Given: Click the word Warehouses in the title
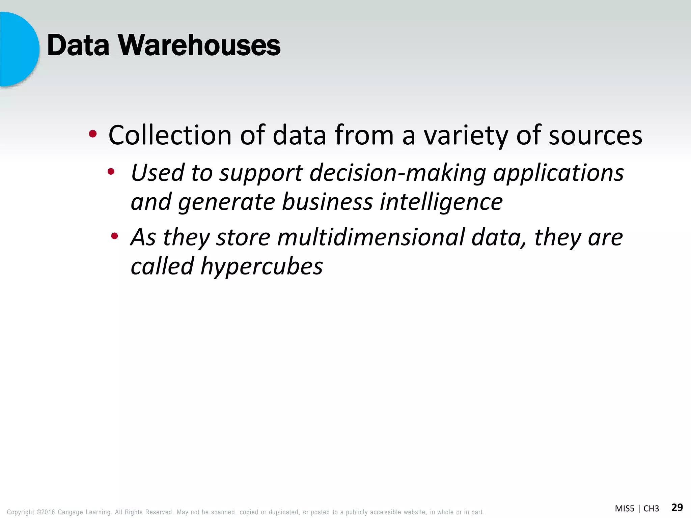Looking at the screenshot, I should pyautogui.click(x=199, y=46).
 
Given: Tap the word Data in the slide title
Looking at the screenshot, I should pyautogui.click(x=78, y=46).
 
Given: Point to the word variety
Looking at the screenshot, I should pyautogui.click(x=466, y=135).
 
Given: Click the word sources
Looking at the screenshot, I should pyautogui.click(x=596, y=135).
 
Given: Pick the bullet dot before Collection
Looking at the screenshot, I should pyautogui.click(x=93, y=135).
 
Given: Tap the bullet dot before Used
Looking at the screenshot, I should pyautogui.click(x=111, y=172).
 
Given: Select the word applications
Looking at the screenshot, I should pyautogui.click(x=558, y=173).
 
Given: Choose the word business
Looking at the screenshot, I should pyautogui.click(x=327, y=202).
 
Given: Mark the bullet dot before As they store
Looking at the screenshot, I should pyautogui.click(x=115, y=236).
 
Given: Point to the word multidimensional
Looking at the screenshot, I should pyautogui.click(x=371, y=237).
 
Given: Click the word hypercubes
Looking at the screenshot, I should pyautogui.click(x=261, y=266).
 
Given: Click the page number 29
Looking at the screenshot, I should pyautogui.click(x=677, y=508).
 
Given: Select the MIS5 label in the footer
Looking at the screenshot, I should pyautogui.click(x=625, y=509).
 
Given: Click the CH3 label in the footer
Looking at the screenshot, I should pyautogui.click(x=651, y=509).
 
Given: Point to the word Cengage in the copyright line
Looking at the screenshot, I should pyautogui.click(x=70, y=512).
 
